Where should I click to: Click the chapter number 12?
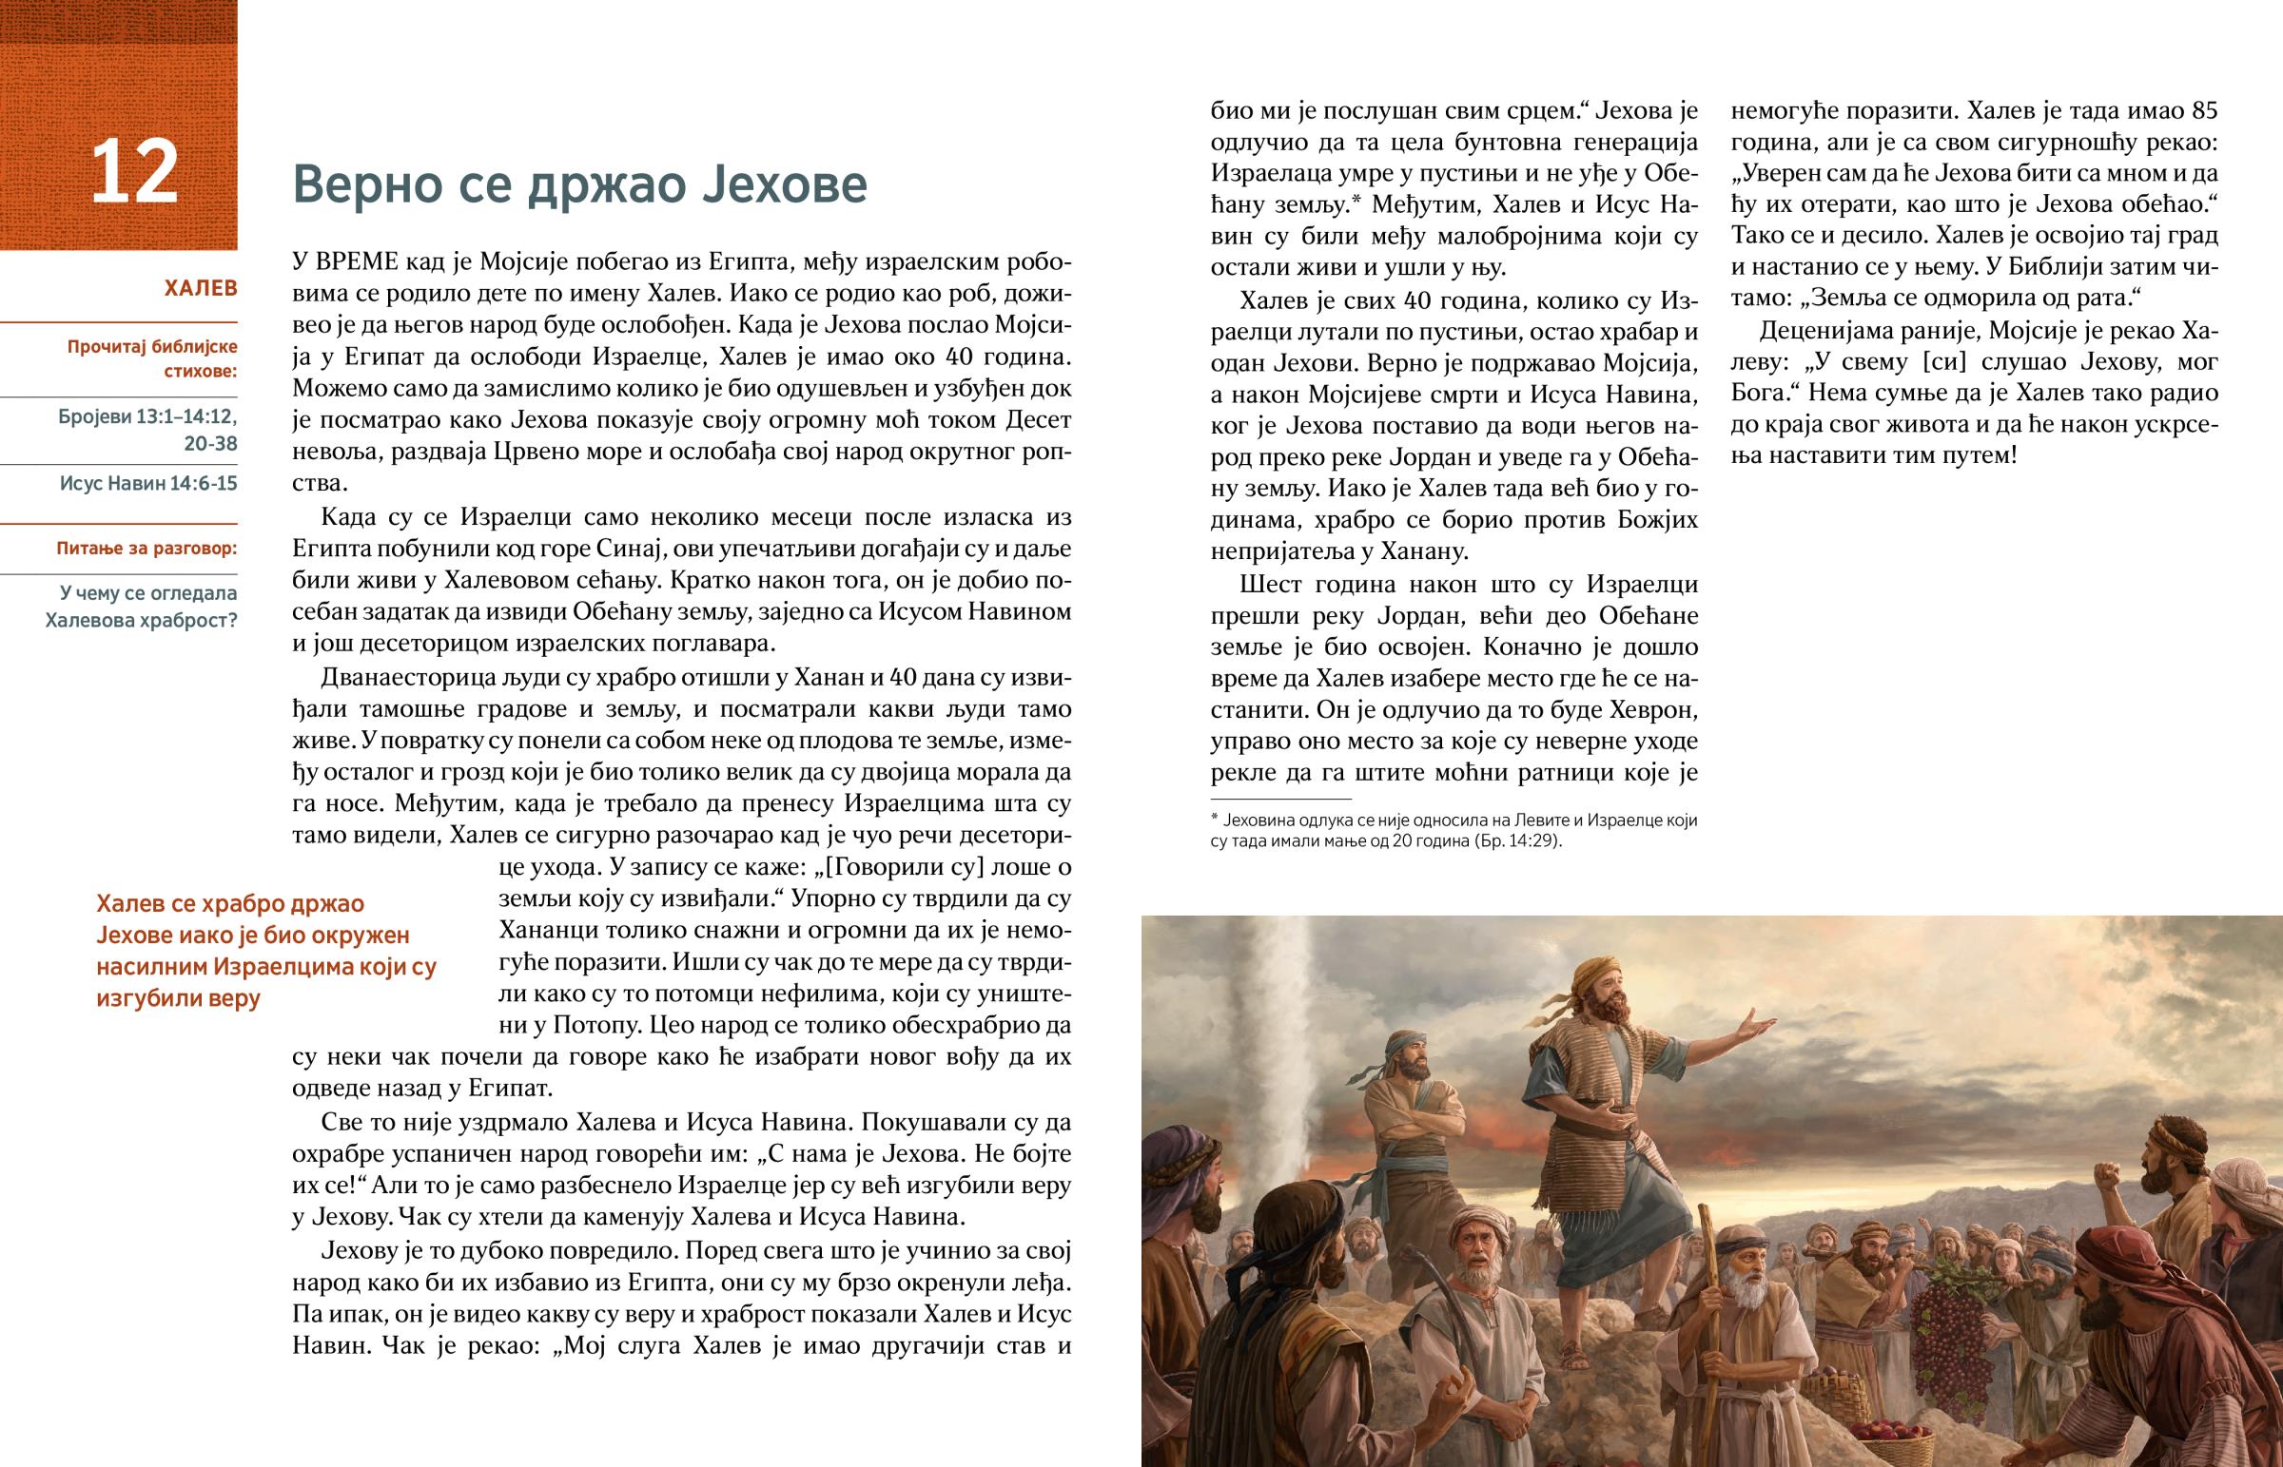[134, 172]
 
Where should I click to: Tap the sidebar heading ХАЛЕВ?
[200, 289]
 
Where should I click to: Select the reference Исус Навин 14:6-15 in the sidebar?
[148, 483]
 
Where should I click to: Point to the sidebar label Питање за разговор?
[146, 549]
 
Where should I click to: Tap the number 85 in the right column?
[2204, 110]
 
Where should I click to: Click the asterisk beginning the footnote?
[1215, 820]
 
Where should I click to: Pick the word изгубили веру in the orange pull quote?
[178, 998]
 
